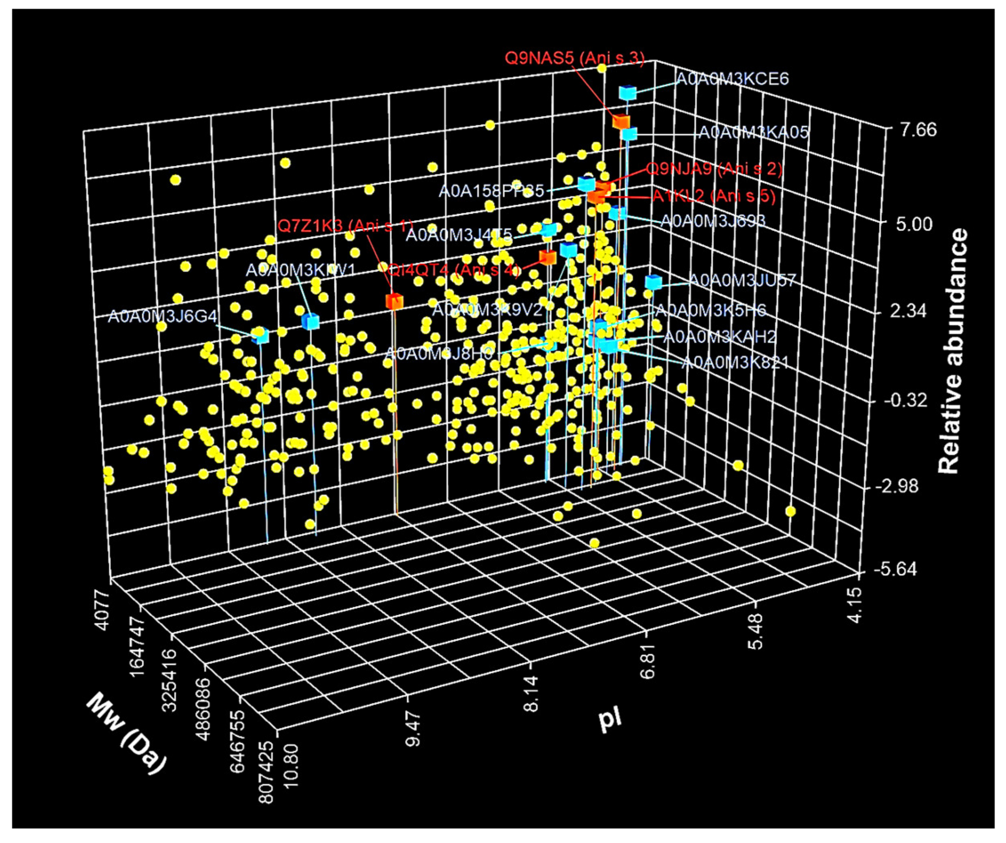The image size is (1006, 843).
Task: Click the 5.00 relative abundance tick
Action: coord(914,224)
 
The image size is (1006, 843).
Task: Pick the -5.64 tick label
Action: coord(895,570)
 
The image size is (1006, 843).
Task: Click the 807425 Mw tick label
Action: coord(266,771)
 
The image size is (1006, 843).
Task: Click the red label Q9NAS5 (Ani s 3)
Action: coord(574,59)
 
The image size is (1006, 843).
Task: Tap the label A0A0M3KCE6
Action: coord(732,79)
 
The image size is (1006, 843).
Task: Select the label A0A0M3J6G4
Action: coord(162,316)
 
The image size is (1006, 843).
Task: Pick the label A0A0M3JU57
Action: coord(742,280)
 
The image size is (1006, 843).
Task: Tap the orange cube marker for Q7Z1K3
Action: coord(394,301)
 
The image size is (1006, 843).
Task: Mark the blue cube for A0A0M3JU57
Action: coord(653,282)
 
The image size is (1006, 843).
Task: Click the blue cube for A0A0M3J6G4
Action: coord(262,336)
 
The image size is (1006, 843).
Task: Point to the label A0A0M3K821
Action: coord(734,363)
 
